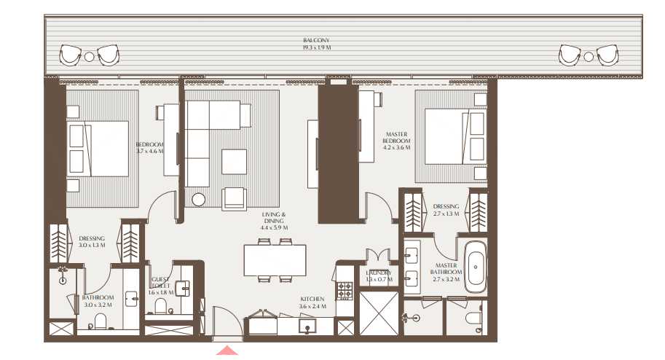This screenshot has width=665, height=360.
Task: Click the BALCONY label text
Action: tap(317, 44)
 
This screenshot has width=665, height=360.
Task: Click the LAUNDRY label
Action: tap(379, 275)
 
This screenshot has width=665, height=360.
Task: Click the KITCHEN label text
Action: tap(313, 302)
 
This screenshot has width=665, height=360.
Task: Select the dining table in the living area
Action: tap(274, 259)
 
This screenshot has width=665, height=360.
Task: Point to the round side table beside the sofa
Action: tap(199, 199)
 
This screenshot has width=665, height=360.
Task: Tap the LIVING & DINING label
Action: tap(274, 221)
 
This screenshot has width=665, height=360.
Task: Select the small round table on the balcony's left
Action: tap(89, 56)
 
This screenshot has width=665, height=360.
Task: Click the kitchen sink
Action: tap(309, 326)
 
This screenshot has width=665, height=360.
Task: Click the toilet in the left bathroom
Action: tap(101, 322)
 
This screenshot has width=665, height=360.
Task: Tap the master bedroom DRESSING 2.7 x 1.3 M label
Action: tap(446, 210)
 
